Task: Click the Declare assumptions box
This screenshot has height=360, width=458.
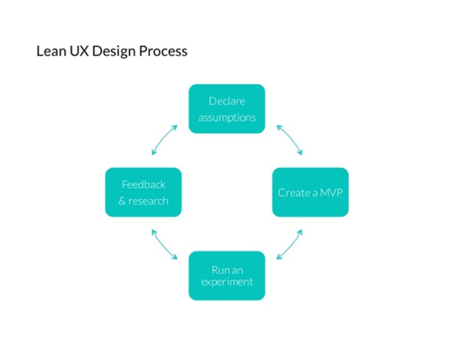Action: click(227, 109)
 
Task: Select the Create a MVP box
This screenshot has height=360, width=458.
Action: click(310, 192)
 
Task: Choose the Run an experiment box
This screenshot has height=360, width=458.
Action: click(227, 275)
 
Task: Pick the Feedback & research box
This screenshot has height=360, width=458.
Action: click(143, 192)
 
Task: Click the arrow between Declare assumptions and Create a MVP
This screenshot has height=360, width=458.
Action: click(289, 139)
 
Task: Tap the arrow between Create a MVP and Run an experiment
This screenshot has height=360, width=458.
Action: click(289, 245)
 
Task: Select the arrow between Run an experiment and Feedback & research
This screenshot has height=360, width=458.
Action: click(164, 245)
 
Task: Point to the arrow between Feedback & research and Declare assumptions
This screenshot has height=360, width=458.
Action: click(164, 139)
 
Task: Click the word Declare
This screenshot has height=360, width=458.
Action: click(227, 101)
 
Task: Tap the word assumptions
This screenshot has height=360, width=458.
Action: click(227, 118)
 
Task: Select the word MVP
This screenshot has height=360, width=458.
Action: click(330, 193)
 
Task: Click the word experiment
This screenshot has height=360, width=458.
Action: click(227, 282)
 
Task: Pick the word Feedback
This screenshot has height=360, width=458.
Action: click(143, 185)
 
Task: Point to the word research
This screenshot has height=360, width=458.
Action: click(148, 201)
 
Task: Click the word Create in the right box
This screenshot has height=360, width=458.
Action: click(294, 193)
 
